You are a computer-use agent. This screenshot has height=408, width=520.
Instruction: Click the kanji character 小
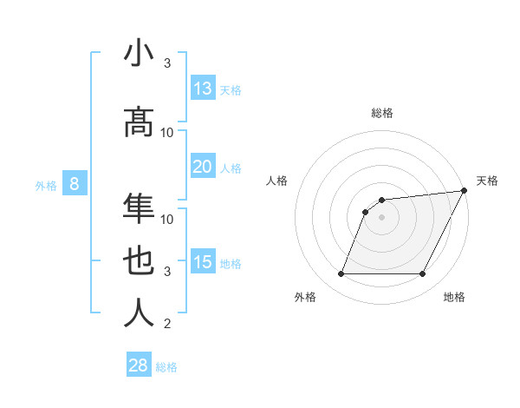point(139,54)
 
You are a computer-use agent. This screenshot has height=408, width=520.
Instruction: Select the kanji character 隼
point(139,209)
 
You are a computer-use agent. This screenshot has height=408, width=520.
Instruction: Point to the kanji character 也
point(139,262)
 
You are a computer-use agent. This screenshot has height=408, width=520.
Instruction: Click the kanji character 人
point(139,313)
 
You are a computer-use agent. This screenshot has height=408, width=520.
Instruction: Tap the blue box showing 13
point(203,89)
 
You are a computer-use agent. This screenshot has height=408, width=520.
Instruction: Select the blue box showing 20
point(203,167)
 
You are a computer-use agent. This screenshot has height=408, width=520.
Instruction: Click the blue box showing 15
point(203,262)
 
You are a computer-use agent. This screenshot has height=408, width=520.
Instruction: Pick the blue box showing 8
point(75,184)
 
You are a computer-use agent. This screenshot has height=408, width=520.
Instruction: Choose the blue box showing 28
point(139,365)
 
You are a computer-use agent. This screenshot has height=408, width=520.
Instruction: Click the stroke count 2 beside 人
point(168,324)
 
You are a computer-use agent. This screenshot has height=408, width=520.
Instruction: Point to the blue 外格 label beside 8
point(46,185)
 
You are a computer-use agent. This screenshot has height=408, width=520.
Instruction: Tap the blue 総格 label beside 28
point(166,366)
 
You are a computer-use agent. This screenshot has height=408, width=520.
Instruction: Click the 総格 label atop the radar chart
point(381,113)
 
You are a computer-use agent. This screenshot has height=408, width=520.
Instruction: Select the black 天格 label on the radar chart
point(487,181)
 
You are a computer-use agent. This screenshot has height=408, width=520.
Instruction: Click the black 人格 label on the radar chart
point(276,181)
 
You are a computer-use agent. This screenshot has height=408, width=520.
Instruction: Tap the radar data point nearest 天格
point(465,191)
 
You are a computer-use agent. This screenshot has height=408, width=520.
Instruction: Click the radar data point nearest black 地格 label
point(423,274)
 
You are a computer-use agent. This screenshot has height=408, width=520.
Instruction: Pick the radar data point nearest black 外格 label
point(341,274)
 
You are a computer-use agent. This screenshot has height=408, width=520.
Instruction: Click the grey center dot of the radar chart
point(381,218)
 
